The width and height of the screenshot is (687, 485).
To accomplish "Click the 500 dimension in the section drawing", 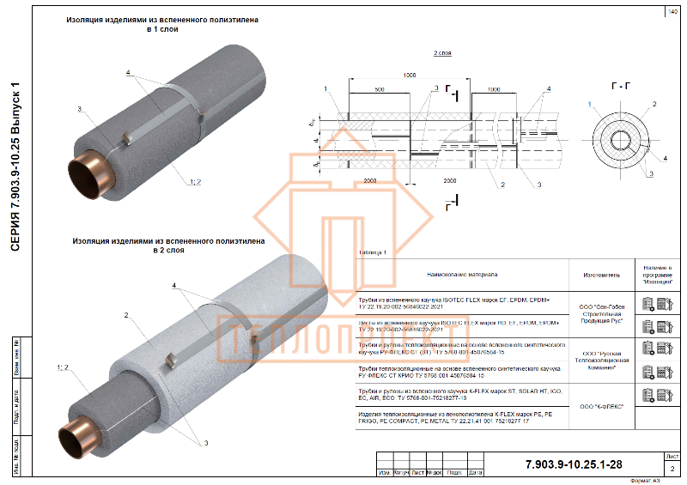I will coord(379,90).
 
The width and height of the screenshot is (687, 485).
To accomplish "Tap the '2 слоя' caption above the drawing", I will coord(442,53).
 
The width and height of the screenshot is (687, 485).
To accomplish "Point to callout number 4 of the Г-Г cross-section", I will coord(666,158).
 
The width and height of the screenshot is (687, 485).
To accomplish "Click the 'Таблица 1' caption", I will coord(373,252).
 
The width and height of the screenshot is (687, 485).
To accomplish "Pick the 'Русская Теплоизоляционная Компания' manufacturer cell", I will coord(600,358).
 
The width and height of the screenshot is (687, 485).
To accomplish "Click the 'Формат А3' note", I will coord(647,481).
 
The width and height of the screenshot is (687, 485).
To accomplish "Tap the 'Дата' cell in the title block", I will coord(476,472).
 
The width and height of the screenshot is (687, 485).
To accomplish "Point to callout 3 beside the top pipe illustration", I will coord(78,109).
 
